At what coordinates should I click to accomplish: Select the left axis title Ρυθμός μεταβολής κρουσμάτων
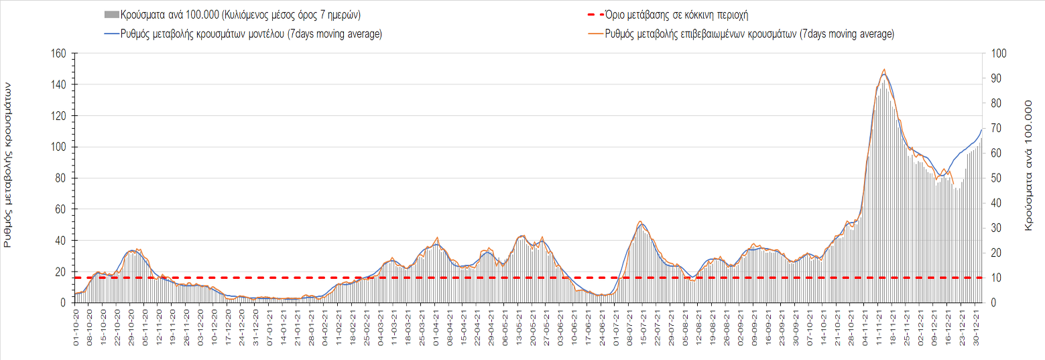point(9,165)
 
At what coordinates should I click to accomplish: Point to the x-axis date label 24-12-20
point(242,326)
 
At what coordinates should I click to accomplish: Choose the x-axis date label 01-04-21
point(436,326)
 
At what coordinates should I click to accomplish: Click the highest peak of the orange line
point(885,69)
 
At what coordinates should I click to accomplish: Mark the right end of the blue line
point(981,129)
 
